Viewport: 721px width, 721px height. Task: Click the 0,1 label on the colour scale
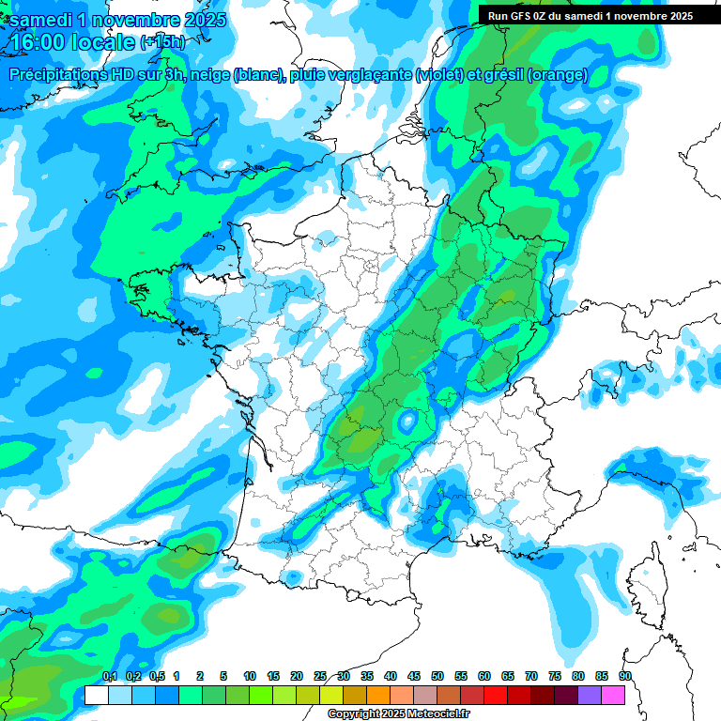[110, 676]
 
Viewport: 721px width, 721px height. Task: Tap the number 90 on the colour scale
[625, 676]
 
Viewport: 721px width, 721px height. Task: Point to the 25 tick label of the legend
[320, 676]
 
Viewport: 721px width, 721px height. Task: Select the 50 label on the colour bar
[437, 676]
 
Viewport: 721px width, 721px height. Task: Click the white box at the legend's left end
[96, 695]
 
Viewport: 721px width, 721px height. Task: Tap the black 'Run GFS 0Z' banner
[587, 15]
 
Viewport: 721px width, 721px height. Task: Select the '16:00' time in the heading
[37, 42]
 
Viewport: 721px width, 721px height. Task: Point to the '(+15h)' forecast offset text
[162, 42]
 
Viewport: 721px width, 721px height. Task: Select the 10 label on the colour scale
[250, 676]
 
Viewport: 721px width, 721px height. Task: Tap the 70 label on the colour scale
[531, 676]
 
